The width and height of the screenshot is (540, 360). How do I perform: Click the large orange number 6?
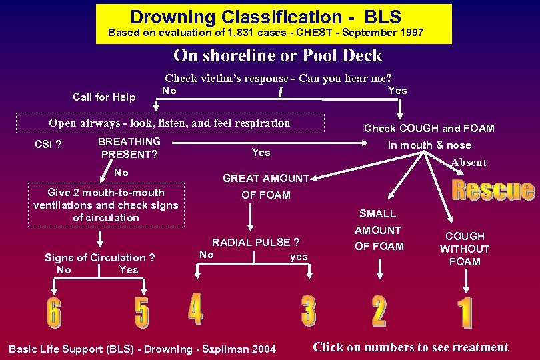pos(53,313)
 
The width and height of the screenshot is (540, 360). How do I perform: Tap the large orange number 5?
pos(142,313)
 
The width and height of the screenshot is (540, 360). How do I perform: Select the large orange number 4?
pos(195,309)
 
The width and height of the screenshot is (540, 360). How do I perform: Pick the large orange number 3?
pos(309,311)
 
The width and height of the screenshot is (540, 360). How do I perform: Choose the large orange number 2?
pos(379,311)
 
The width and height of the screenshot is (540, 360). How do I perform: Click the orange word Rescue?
pos(493,190)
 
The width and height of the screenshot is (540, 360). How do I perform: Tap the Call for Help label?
pos(104,97)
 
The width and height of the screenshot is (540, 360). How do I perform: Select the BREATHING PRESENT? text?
pos(129,148)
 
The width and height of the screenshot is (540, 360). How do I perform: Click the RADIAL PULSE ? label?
pos(255,242)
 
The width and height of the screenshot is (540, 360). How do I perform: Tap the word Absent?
pos(469,163)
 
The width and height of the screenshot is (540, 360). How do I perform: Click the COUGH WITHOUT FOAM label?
pos(465,249)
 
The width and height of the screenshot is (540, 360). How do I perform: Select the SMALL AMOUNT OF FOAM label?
pos(379,230)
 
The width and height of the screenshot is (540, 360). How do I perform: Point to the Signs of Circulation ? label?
pos(100,257)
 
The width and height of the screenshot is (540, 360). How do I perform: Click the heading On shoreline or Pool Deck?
pos(278,55)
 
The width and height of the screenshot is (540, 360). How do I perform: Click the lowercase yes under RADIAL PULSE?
pos(299,256)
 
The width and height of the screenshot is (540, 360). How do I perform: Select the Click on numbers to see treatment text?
pos(410,347)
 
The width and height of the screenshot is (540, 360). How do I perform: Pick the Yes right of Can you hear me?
pos(397,91)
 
